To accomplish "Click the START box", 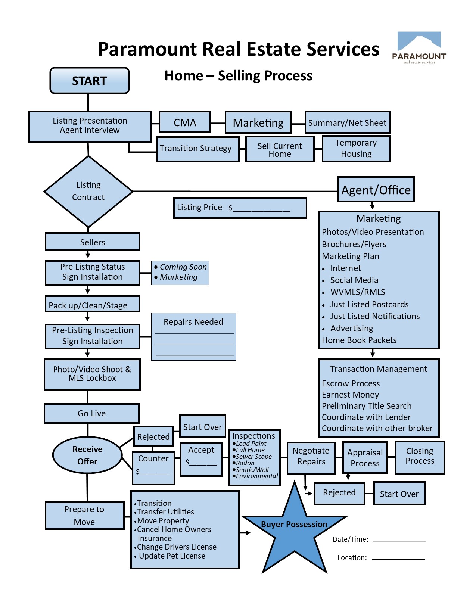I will coord(89,81).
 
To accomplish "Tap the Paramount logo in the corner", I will coord(419,48).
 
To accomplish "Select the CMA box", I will coord(185,122).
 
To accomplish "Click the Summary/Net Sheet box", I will coord(347,122).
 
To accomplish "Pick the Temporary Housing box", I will coord(356,149).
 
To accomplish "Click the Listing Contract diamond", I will coord(88,191).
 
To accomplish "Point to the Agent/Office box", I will coord(376,190).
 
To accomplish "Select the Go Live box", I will coord(91,413).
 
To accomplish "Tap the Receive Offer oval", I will coord(87,455).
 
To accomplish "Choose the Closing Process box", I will coord(420,456).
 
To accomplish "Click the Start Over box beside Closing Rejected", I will coord(399,494).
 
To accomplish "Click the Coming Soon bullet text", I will coord(183,267).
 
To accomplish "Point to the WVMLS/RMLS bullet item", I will coord(357,292).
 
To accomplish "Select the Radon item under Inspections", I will coord(245,463).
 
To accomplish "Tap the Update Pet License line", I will coord(172,556).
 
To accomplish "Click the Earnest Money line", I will coord(350,395).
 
